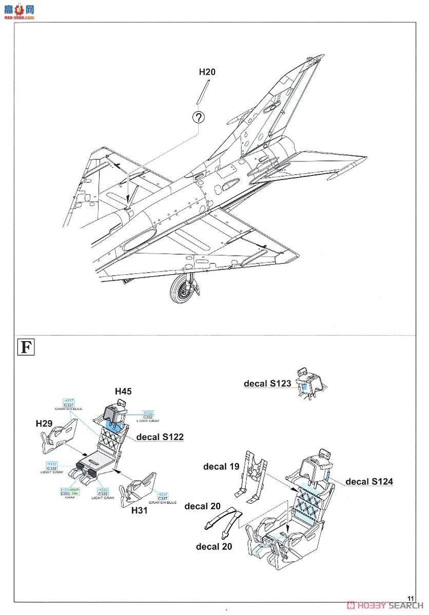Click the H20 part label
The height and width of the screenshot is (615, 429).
[x=207, y=72]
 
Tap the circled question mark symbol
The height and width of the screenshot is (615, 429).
[x=199, y=117]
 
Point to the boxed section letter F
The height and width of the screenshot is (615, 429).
[x=25, y=347]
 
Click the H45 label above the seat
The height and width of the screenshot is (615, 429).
[x=123, y=391]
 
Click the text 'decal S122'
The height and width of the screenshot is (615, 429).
[x=160, y=437]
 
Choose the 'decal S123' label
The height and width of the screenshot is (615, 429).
[x=267, y=383]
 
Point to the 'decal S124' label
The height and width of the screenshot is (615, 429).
[x=369, y=481]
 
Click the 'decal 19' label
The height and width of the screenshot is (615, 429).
[x=222, y=466]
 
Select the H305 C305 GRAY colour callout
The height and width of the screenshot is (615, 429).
[x=70, y=494]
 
